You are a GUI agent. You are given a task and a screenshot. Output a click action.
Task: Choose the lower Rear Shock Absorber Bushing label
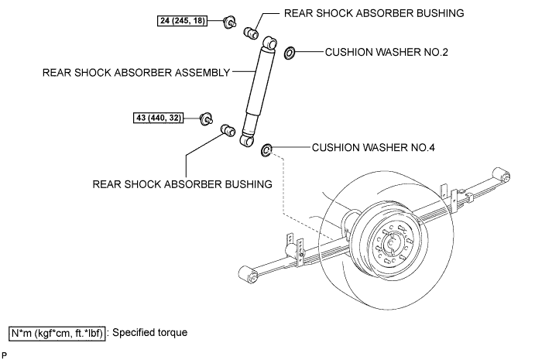pos(183,184)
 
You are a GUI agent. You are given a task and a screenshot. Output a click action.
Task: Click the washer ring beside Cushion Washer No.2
pos(290,53)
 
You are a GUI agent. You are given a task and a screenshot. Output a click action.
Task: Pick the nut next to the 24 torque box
pos(229,22)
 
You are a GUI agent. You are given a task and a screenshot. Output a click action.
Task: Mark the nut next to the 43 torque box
pos(207,118)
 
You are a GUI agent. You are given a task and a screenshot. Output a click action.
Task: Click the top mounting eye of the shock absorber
pos(269,42)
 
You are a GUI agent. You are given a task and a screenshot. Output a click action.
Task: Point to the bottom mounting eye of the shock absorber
pos(248,139)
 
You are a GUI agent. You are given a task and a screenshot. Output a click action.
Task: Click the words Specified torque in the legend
pos(149,333)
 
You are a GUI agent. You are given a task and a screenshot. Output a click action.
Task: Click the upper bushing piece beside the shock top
pos(252,33)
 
